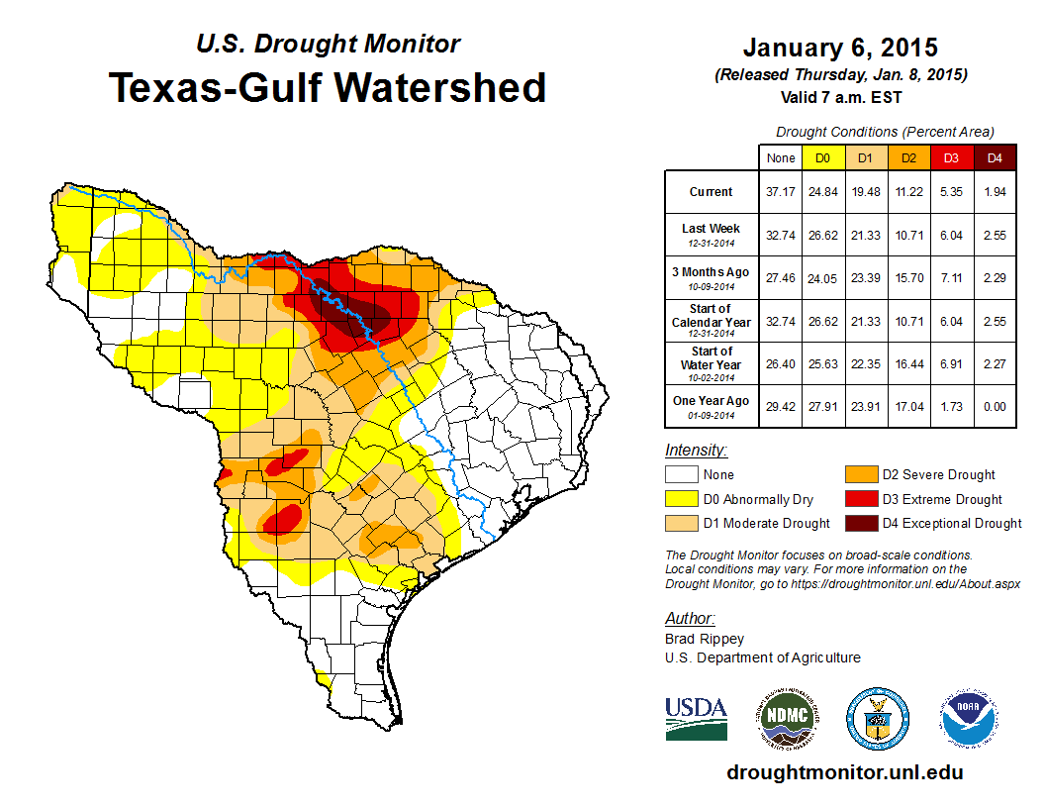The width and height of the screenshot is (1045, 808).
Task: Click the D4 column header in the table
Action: point(995,157)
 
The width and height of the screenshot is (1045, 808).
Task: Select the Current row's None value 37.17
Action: point(781,192)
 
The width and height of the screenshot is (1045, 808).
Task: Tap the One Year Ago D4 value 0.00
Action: point(995,406)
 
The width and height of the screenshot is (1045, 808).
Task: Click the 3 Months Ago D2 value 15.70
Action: point(909,278)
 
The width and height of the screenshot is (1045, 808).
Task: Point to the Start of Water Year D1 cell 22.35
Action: point(866,363)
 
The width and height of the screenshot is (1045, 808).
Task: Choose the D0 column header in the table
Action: point(822,157)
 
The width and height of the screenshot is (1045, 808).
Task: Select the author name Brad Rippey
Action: point(705,639)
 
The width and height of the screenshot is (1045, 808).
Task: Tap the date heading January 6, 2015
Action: point(839,49)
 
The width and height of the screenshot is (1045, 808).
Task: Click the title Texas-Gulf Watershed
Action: point(328,87)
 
